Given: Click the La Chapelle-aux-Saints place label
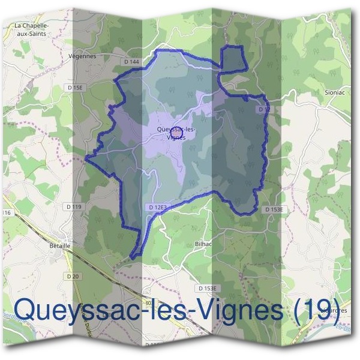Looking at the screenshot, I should pyautogui.click(x=32, y=29).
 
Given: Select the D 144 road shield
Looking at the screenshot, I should pyautogui.click(x=131, y=62).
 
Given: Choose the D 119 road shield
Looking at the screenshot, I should pyautogui.click(x=73, y=207).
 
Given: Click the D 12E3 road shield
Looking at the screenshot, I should pyautogui.click(x=156, y=207).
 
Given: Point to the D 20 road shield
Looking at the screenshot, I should pyautogui.click(x=73, y=275).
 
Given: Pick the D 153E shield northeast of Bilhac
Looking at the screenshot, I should pyautogui.click(x=277, y=209).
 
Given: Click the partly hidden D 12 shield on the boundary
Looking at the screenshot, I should pyautogui.click(x=263, y=110).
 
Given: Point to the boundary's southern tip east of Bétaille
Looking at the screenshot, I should pyautogui.click(x=133, y=257).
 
